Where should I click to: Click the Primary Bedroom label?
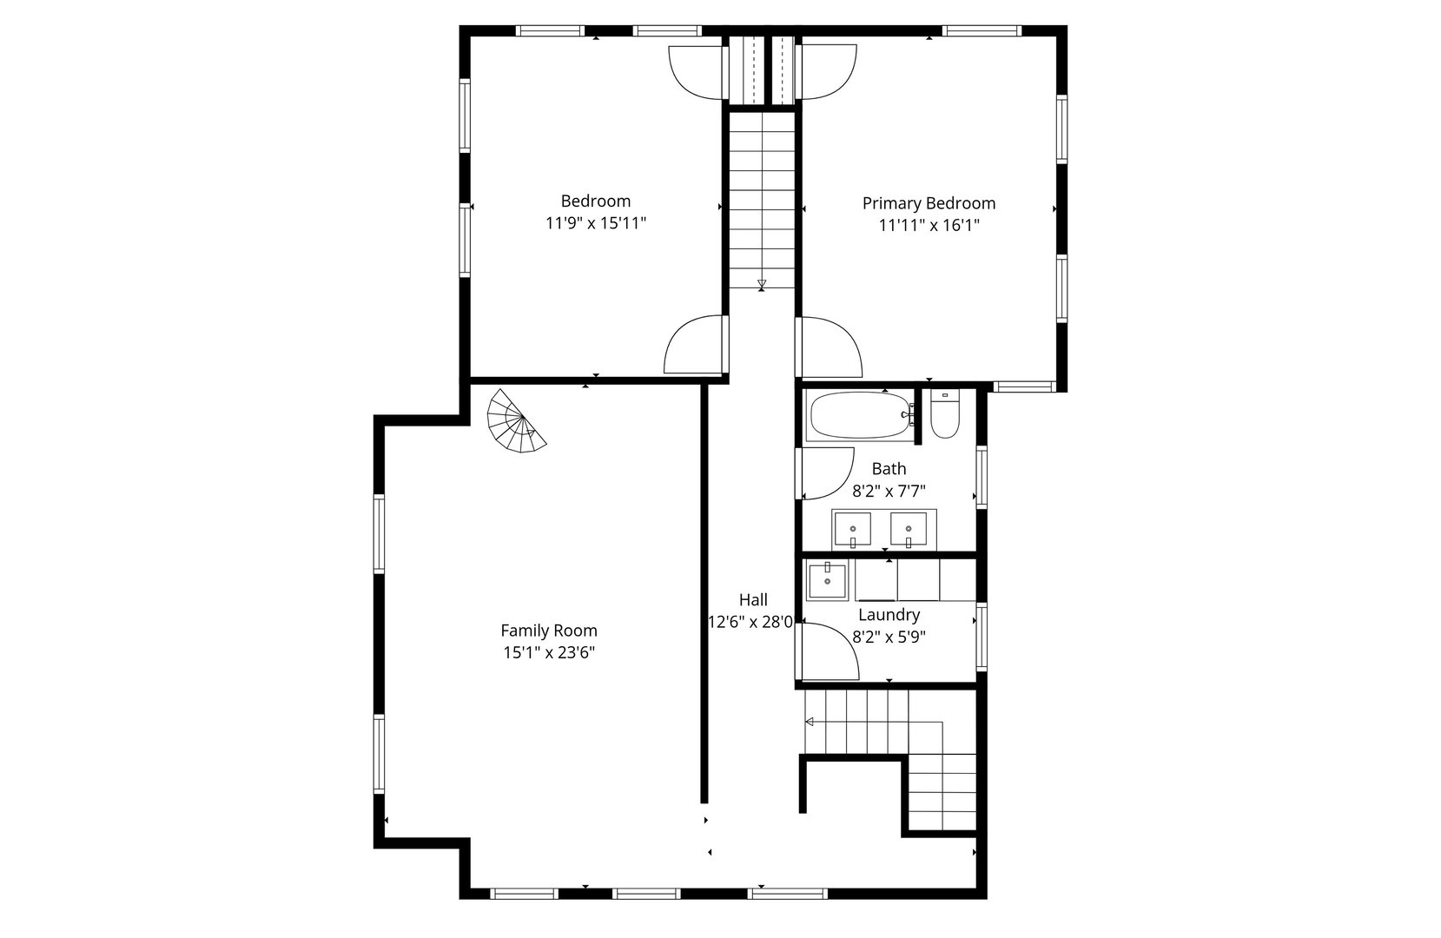point(929,203)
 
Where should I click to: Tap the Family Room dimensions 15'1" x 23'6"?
point(548,652)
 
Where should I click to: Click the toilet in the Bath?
point(943,418)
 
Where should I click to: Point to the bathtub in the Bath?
point(859,416)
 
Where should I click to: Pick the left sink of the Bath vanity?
point(852,529)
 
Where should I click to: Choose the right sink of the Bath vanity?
point(909,529)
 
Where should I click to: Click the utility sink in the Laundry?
point(828,580)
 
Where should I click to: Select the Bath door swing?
point(825,473)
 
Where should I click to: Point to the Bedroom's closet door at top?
point(697,70)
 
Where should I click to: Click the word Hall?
point(753,599)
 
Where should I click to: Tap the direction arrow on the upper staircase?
point(762,284)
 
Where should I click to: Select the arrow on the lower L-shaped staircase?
point(810,722)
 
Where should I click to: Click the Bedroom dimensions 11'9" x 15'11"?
point(596,223)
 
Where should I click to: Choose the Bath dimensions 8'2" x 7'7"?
point(889,491)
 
